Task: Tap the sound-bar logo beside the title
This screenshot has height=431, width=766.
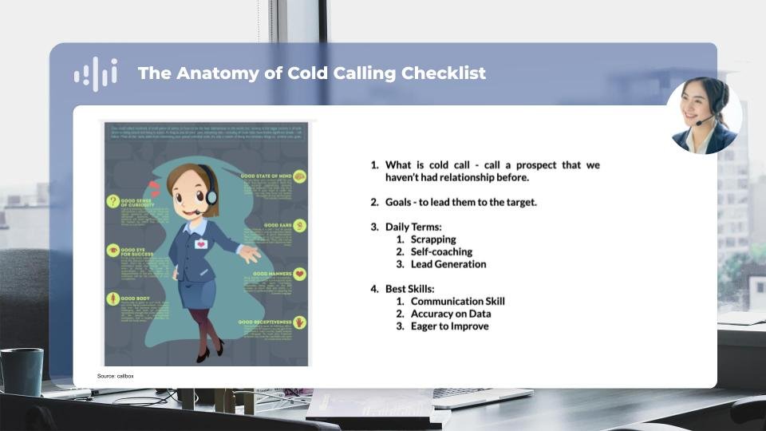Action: click(95, 74)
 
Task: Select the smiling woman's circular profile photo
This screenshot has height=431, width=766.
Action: click(703, 117)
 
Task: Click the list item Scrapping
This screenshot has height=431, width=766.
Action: click(433, 239)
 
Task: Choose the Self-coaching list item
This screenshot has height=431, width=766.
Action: click(441, 251)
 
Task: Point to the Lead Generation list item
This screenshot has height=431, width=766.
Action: click(448, 264)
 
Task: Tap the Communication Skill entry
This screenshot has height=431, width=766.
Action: click(457, 301)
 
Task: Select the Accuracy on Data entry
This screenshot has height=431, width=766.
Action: click(450, 314)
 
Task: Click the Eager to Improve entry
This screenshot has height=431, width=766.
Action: click(449, 326)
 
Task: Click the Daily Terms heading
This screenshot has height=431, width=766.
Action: click(413, 227)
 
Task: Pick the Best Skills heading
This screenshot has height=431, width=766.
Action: click(410, 288)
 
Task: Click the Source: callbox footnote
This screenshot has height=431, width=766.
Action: click(116, 375)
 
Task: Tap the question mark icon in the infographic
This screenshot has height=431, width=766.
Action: click(113, 202)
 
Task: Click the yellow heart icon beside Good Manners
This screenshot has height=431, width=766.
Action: click(300, 274)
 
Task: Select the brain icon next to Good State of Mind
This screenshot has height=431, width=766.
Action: click(299, 176)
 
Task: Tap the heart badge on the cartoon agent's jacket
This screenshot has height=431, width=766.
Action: click(201, 243)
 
